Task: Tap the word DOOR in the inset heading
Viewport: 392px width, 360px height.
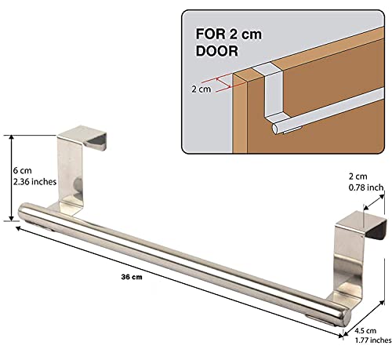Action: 217,51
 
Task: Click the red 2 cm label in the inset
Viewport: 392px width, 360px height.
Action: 201,89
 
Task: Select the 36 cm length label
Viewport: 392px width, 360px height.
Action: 132,277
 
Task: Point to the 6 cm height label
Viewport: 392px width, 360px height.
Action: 23,171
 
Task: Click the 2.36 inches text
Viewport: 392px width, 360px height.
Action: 34,182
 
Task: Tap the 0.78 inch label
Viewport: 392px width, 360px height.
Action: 366,187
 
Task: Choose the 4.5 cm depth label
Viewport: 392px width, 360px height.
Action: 365,331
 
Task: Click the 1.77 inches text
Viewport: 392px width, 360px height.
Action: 373,340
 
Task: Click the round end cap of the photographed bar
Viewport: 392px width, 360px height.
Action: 346,318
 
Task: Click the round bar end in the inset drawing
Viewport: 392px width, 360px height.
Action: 275,129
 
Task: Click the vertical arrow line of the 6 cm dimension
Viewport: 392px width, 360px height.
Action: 11,178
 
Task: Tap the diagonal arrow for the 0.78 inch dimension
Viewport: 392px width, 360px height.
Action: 374,202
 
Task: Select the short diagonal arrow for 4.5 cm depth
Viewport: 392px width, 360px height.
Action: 364,318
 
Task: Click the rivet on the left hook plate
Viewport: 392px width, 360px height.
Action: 78,184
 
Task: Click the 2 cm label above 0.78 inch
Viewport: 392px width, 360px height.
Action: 358,176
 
